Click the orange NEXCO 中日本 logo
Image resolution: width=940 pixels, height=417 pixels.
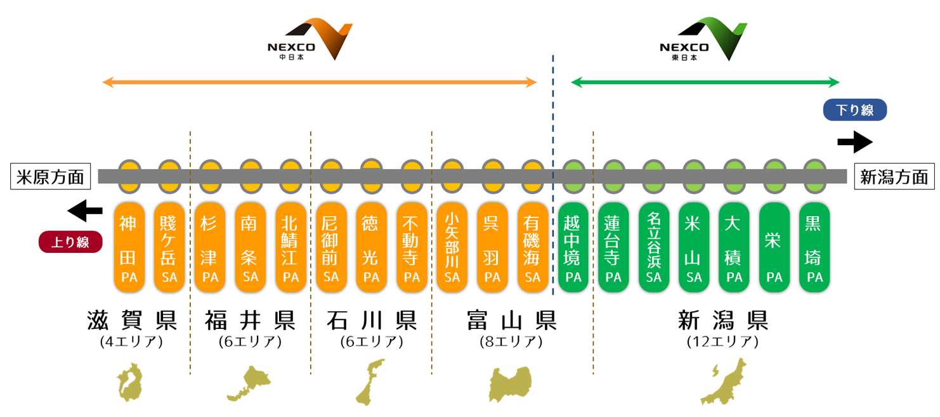310,41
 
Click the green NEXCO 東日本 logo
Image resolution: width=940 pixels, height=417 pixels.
703,41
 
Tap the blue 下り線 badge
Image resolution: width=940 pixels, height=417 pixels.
854,110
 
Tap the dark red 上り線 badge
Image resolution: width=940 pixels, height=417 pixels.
70,242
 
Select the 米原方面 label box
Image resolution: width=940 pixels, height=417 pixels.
51,176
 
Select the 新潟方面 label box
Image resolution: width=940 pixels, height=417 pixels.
894,176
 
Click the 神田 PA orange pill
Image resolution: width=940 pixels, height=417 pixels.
129,247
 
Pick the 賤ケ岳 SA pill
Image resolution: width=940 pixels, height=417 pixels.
170,247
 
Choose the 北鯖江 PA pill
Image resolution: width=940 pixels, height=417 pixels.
290,247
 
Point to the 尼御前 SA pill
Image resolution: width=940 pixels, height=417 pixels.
331,247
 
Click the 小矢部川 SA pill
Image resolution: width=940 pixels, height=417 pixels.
452,247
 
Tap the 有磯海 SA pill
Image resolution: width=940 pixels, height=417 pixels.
533,247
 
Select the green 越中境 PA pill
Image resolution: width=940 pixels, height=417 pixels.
573,247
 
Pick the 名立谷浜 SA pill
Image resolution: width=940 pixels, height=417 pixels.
654,247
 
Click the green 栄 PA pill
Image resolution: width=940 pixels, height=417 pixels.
774,247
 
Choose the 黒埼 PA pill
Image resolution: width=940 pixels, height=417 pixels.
814,247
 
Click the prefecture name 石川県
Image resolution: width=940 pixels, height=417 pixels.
372,321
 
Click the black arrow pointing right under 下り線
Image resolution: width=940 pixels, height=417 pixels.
854,143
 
